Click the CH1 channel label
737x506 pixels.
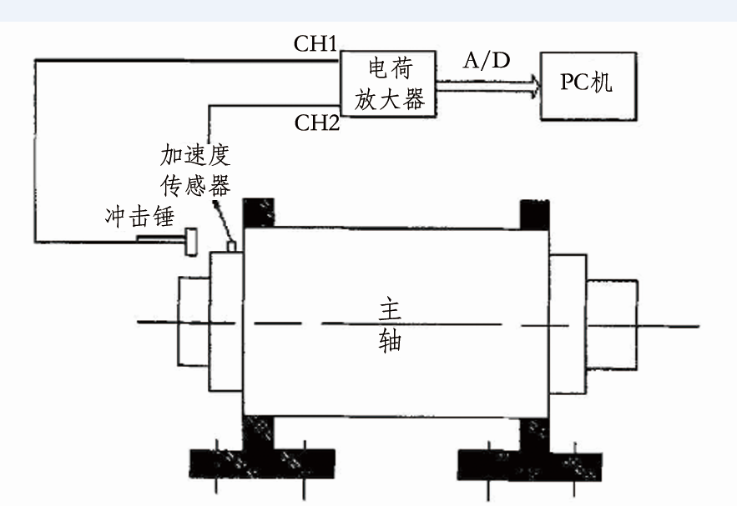click(x=315, y=44)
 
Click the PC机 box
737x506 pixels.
click(x=583, y=84)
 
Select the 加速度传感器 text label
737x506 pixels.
click(x=195, y=170)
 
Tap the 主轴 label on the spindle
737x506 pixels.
click(x=390, y=325)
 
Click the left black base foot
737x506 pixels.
click(x=261, y=461)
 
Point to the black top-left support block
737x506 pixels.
click(x=258, y=213)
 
